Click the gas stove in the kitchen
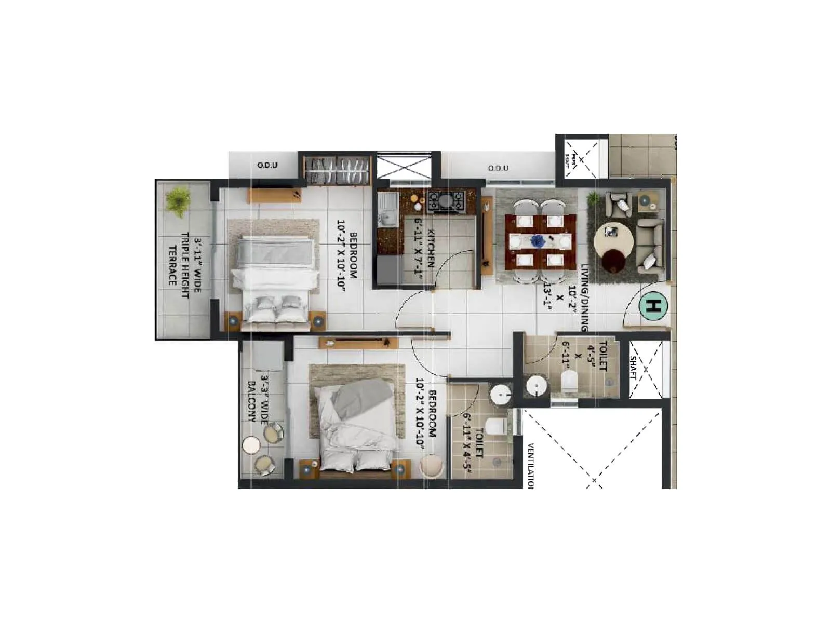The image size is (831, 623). coord(446,201)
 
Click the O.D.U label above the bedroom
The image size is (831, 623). coord(267,166)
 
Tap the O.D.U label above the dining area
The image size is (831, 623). coord(498,168)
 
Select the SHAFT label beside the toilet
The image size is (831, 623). coord(634,368)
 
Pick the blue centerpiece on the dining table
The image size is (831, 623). coord(537,241)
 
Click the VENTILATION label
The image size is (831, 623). coord(531,466)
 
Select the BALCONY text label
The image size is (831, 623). coord(251,401)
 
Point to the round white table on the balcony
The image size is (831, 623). coord(252,445)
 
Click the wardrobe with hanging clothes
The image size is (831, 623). coord(337,169)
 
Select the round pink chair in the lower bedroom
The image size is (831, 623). coord(432,466)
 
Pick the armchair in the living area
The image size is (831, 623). coord(619,204)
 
